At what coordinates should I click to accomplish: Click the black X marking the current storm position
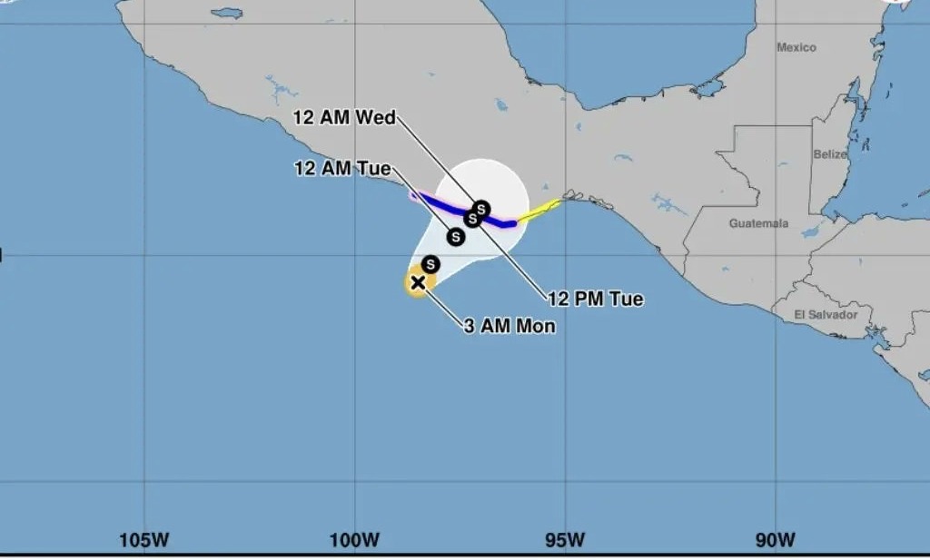point(418,283)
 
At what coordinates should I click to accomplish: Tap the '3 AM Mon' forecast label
point(510,327)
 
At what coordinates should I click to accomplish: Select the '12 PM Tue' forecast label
point(596,299)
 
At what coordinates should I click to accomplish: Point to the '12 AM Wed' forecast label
point(343,117)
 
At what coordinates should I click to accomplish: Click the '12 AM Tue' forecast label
point(342,168)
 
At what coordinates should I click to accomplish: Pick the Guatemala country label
point(758,223)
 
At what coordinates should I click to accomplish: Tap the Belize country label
point(829,154)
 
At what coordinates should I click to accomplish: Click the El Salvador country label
point(826,315)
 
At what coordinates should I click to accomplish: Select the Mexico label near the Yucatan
point(796,47)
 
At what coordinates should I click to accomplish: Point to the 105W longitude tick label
point(144,540)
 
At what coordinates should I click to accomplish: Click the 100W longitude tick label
point(354,540)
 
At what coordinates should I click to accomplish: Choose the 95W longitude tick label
point(565,540)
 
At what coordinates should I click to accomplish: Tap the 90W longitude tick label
point(775,540)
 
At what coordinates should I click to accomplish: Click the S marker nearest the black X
point(430,264)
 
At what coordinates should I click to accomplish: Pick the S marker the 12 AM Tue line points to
point(456,237)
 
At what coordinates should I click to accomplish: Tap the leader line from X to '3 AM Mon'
point(442,304)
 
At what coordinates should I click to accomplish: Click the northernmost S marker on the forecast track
point(481,210)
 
